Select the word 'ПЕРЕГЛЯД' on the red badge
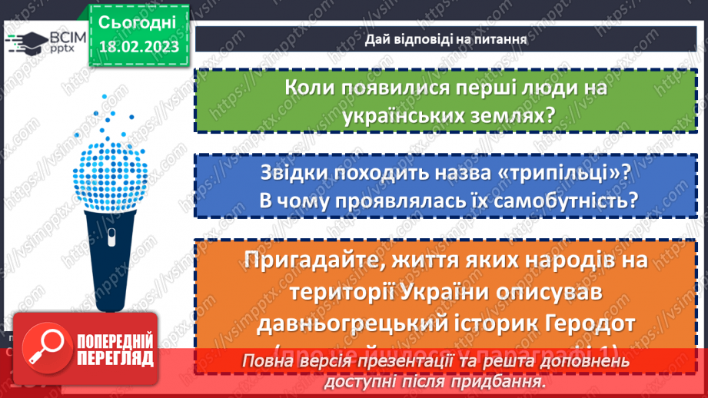(x=115, y=359)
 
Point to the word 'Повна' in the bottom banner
(x=265, y=361)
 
